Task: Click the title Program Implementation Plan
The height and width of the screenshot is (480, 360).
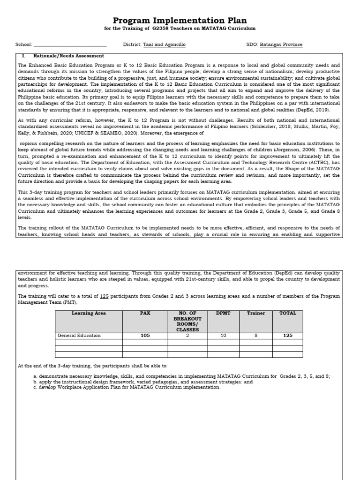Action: (x=180, y=20)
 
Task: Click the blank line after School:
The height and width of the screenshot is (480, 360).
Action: (x=70, y=45)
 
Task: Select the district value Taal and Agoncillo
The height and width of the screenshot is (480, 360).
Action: (x=164, y=45)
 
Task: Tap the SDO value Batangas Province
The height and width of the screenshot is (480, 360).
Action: (x=281, y=45)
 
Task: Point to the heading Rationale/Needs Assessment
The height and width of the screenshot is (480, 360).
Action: (x=69, y=56)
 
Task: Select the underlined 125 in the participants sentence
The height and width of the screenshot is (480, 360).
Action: (x=105, y=296)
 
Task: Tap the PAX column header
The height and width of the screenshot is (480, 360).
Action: (x=145, y=314)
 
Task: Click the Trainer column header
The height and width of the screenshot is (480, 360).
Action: (x=256, y=314)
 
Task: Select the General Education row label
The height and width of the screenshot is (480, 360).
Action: (x=79, y=336)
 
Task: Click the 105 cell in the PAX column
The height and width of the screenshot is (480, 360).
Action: (x=145, y=336)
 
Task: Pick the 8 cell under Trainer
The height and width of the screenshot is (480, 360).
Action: (x=256, y=336)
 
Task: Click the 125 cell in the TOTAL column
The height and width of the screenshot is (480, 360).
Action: (x=287, y=336)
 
